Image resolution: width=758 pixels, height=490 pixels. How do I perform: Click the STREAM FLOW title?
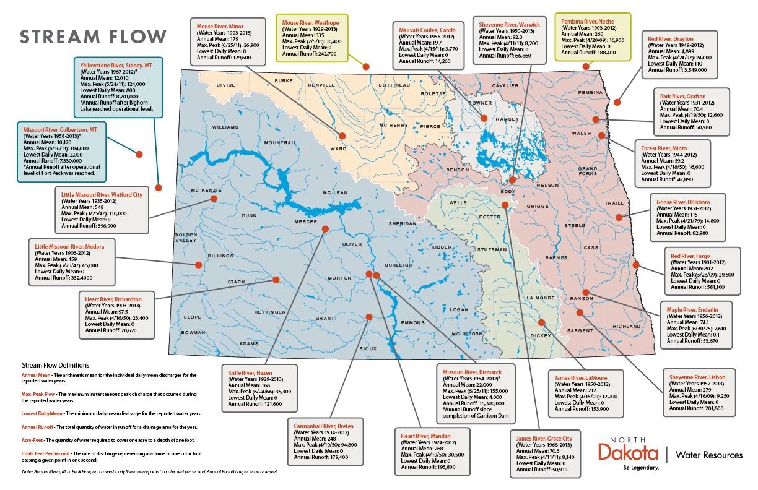(x=93, y=36)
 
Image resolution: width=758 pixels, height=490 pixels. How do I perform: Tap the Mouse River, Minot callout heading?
(x=219, y=27)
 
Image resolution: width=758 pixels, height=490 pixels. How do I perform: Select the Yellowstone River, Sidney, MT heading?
(x=116, y=64)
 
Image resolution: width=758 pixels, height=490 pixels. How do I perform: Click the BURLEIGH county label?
(x=398, y=265)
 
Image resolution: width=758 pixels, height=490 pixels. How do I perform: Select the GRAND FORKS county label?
(x=588, y=171)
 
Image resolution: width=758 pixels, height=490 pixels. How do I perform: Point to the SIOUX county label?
(x=368, y=349)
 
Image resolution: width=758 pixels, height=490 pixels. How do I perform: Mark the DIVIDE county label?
(x=226, y=85)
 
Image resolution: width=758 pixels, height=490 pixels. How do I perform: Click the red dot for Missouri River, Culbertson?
(x=139, y=153)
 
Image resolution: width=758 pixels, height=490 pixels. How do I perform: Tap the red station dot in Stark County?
(x=276, y=280)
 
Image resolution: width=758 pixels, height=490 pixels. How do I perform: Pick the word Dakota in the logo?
(x=629, y=451)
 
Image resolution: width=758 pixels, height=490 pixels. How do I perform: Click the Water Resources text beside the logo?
(x=708, y=455)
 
